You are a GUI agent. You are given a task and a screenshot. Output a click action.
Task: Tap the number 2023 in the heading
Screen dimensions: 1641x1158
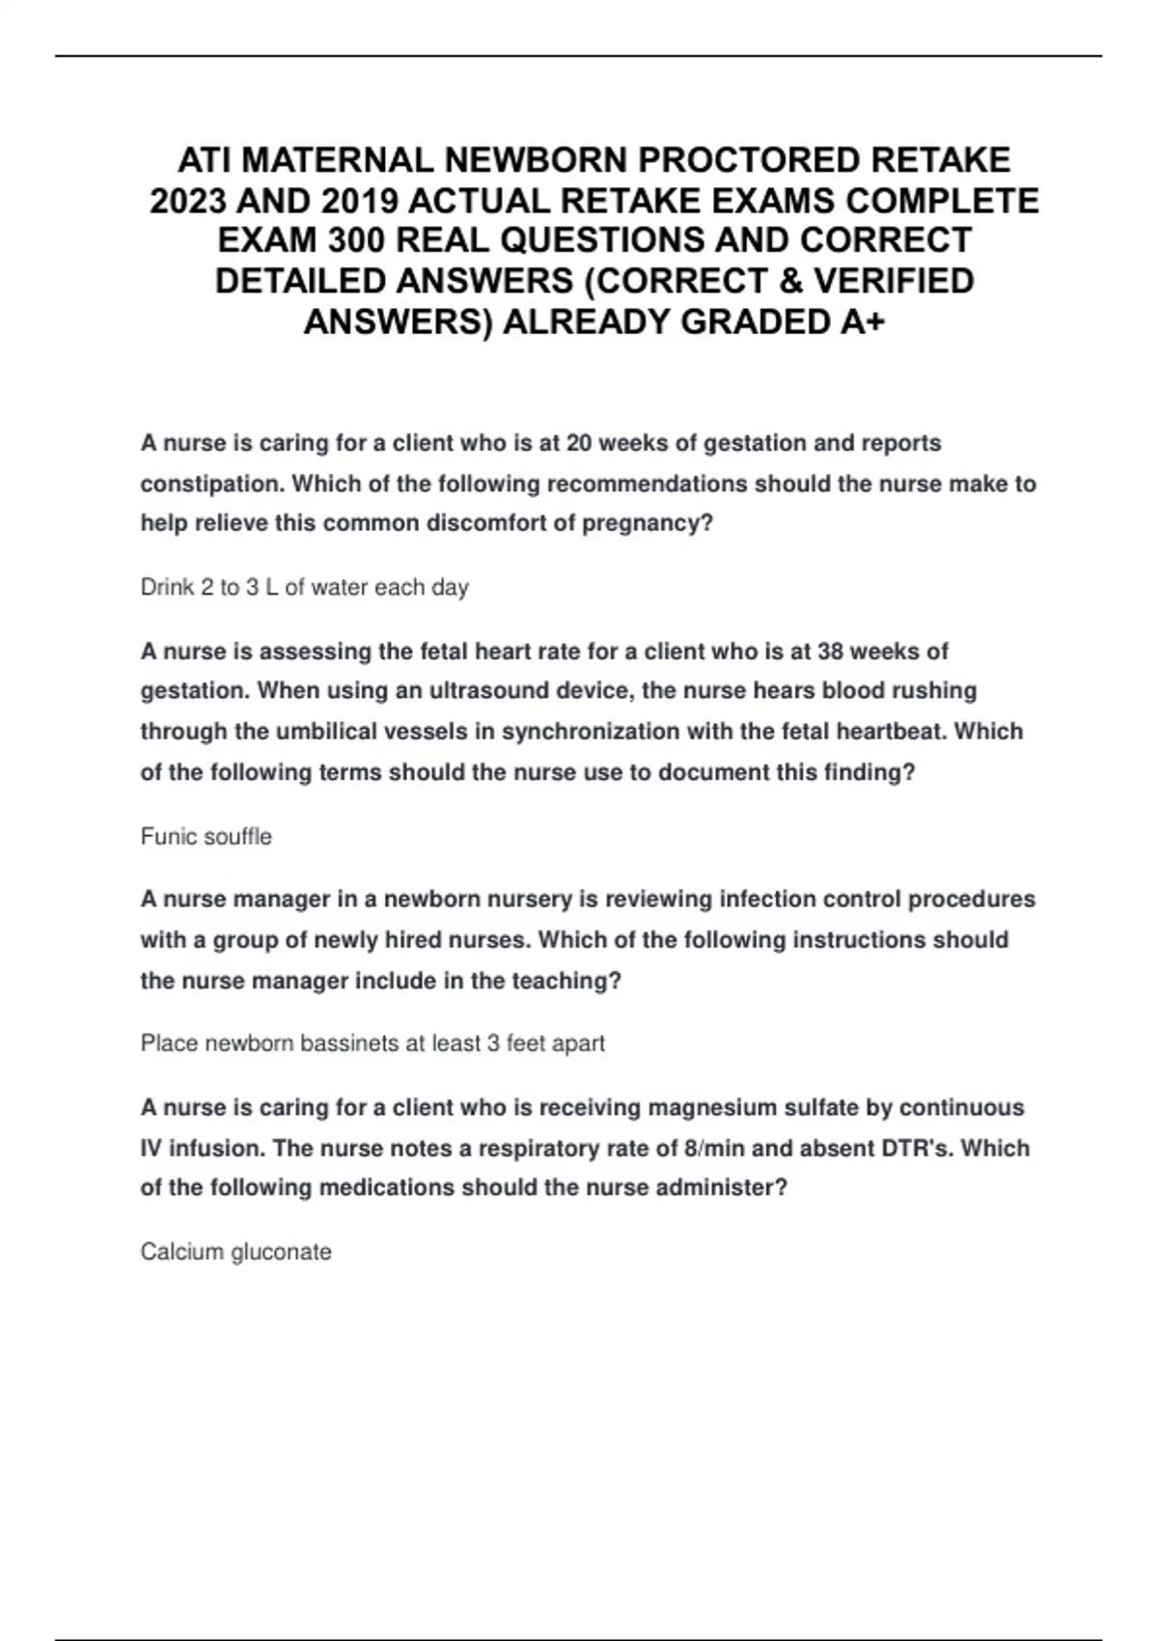188,201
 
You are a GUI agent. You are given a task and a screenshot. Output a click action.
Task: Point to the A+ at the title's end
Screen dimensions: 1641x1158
862,321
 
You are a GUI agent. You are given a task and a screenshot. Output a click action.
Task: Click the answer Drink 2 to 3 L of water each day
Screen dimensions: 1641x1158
304,587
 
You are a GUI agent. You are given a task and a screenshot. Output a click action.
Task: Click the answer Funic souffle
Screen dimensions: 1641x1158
206,836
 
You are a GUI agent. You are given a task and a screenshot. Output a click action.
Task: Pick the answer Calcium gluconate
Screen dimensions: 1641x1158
235,1252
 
